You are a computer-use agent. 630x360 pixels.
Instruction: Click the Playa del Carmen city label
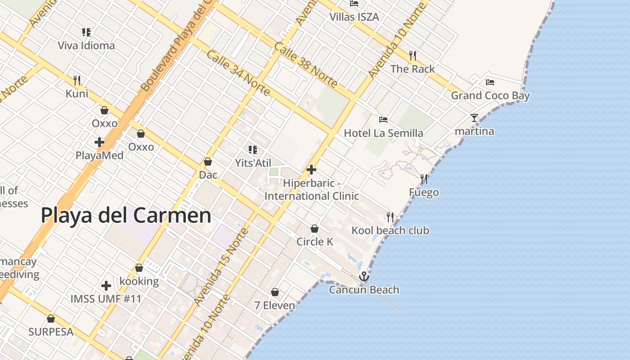pyautogui.click(x=126, y=216)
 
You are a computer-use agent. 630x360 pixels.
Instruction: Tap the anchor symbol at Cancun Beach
pyautogui.click(x=364, y=276)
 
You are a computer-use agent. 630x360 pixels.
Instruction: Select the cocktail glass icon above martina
pyautogui.click(x=474, y=118)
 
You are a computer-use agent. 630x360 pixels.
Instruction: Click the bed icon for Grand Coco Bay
pyautogui.click(x=490, y=82)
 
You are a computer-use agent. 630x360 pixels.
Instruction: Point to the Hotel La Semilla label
pyautogui.click(x=383, y=133)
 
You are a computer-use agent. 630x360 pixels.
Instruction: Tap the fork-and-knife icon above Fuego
pyautogui.click(x=423, y=179)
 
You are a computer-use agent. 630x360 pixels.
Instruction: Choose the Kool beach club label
pyautogui.click(x=390, y=231)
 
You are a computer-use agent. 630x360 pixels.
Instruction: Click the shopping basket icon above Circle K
pyautogui.click(x=315, y=229)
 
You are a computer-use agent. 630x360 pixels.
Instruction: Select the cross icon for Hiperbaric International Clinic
pyautogui.click(x=311, y=170)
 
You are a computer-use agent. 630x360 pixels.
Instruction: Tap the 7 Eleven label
pyautogui.click(x=274, y=306)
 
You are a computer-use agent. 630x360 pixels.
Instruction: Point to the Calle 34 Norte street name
pyautogui.click(x=238, y=73)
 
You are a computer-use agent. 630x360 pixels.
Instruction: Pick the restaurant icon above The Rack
pyautogui.click(x=412, y=56)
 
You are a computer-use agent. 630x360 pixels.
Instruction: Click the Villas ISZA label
pyautogui.click(x=354, y=17)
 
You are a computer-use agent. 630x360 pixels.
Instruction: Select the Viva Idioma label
pyautogui.click(x=86, y=45)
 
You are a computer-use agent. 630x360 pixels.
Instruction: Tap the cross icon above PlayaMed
pyautogui.click(x=99, y=142)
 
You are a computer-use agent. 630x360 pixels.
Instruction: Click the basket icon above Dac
pyautogui.click(x=208, y=162)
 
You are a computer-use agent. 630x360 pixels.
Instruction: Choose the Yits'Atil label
pyautogui.click(x=253, y=163)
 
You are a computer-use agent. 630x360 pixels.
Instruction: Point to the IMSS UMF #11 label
pyautogui.click(x=106, y=299)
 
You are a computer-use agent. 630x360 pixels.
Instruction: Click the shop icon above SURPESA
pyautogui.click(x=51, y=319)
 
